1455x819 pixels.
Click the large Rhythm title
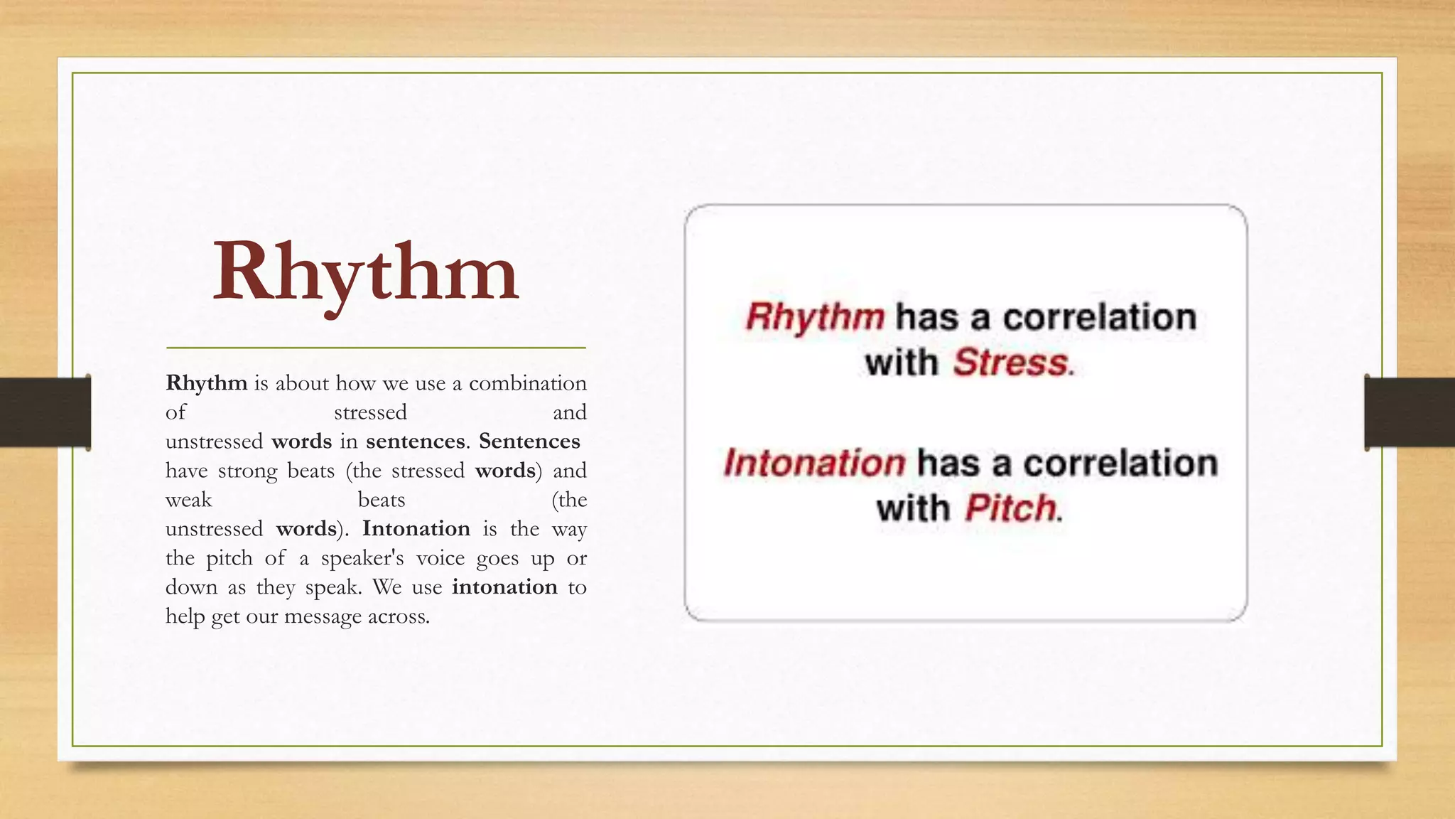click(366, 274)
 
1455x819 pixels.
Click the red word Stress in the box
click(1010, 363)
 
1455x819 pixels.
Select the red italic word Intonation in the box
click(814, 463)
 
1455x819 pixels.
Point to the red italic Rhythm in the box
click(815, 316)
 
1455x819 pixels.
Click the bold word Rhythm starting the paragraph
click(206, 383)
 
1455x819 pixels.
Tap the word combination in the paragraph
click(527, 383)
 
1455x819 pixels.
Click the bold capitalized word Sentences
click(529, 441)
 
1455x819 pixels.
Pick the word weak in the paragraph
click(188, 500)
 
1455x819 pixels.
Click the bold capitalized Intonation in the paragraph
click(416, 529)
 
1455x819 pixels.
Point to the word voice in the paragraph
click(440, 558)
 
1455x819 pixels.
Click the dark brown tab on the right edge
click(1410, 412)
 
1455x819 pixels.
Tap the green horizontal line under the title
click(376, 348)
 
